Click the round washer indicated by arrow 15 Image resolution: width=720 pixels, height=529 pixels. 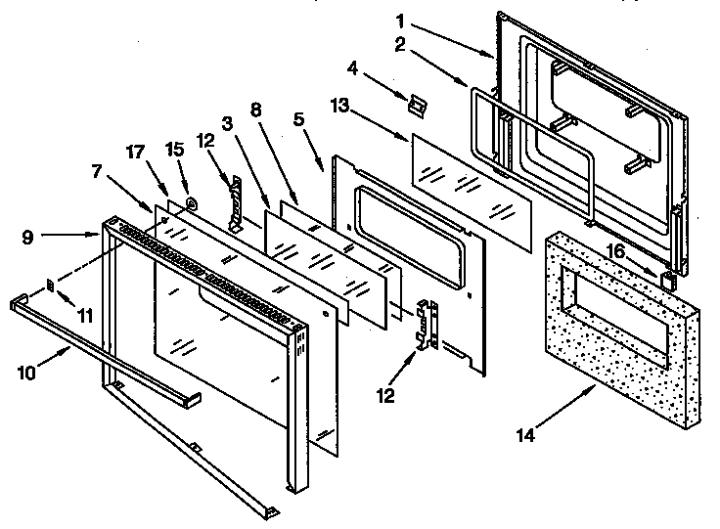pyautogui.click(x=190, y=203)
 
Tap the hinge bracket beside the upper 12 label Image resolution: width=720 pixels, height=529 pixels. pyautogui.click(x=234, y=203)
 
